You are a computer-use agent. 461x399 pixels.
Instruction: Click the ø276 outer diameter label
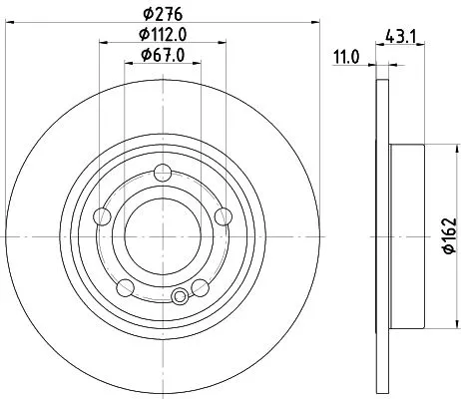161,14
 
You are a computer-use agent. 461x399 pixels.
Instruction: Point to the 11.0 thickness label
345,58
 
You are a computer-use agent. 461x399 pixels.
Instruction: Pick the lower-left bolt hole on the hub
126,286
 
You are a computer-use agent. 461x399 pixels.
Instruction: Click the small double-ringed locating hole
180,295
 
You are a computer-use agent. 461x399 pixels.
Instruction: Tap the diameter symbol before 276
145,14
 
